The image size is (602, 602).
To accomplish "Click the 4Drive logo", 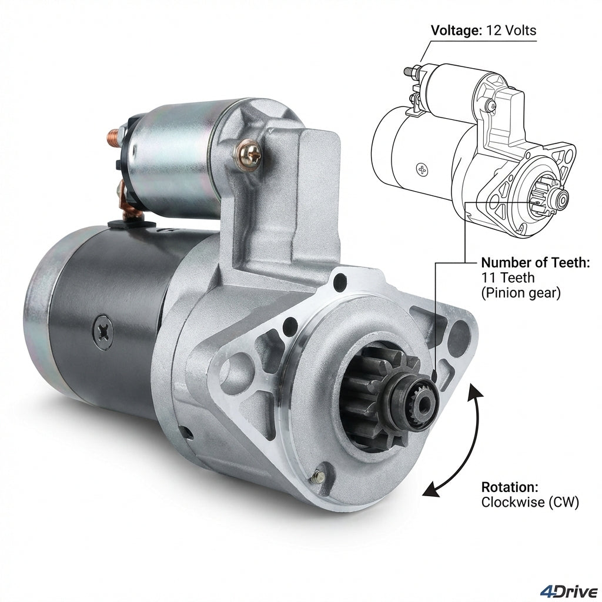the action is pos(568,591).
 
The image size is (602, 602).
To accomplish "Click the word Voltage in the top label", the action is pos(456,31).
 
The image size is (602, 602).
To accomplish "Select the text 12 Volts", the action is pos(511,31).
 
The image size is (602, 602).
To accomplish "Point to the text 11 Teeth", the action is pos(508,277).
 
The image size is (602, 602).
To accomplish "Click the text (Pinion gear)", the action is pos(521,293).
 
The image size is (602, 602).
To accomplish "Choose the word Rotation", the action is pos(510,487).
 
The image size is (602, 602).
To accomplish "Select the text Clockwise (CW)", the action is pos(530,502).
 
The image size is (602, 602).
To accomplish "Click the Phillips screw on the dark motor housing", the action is pos(103,332).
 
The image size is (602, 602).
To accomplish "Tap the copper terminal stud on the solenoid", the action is pos(114,136).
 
